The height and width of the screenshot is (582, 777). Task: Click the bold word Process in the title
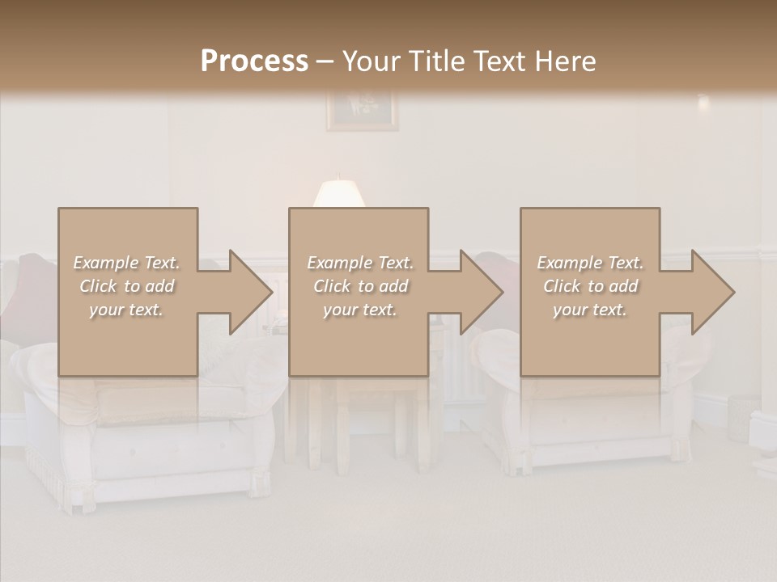click(x=254, y=61)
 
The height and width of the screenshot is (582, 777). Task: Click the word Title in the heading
click(x=436, y=61)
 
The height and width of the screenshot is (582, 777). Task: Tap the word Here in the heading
click(x=566, y=61)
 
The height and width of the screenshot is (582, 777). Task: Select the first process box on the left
click(x=127, y=292)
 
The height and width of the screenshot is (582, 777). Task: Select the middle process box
click(x=359, y=292)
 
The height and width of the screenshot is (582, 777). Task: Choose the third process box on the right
click(x=589, y=292)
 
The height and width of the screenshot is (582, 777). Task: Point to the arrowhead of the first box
click(x=250, y=292)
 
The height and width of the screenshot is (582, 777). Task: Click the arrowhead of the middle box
click(x=481, y=292)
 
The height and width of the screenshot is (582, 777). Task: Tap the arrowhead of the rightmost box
click(x=712, y=292)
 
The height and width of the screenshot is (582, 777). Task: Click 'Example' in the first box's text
click(x=106, y=263)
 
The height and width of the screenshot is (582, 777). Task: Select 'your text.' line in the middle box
click(x=359, y=310)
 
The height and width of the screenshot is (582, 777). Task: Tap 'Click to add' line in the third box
click(x=590, y=286)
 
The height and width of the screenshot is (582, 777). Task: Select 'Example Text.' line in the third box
click(x=590, y=263)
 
